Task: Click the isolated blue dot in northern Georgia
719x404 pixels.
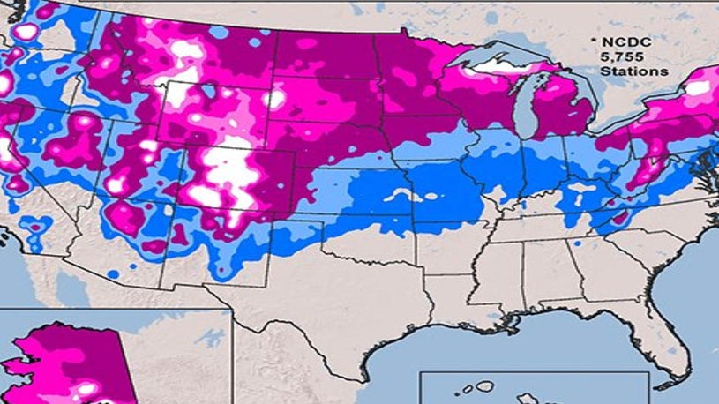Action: tap(576, 243)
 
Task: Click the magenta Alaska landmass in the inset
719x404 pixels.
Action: tap(79, 353)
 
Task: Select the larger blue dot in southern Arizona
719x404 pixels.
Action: tap(113, 274)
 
